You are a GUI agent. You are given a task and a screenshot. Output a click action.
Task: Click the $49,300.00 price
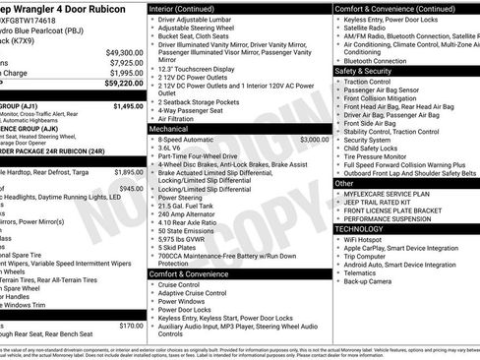(124, 52)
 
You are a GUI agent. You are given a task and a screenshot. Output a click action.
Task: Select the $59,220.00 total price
(124, 85)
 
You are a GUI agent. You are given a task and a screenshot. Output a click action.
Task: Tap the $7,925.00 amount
(126, 63)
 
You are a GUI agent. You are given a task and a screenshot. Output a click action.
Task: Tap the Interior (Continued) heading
(188, 8)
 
